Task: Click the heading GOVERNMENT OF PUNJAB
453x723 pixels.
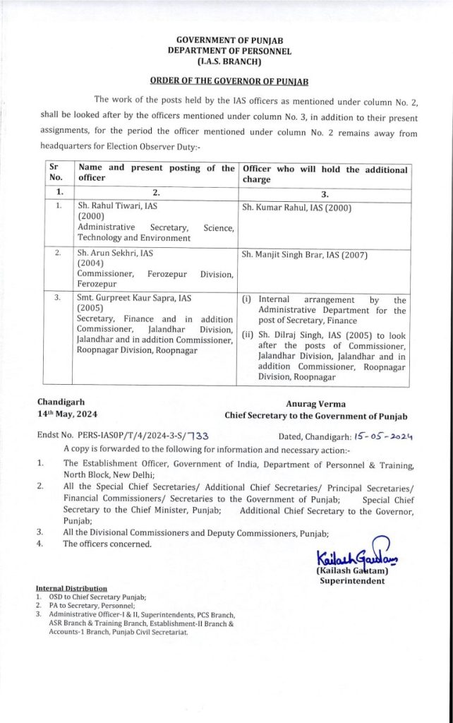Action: coord(226,42)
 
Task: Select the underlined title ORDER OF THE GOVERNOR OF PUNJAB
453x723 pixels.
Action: coord(226,81)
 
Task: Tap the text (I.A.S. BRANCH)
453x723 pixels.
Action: coord(226,61)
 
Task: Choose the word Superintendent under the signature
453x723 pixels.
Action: coord(351,581)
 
